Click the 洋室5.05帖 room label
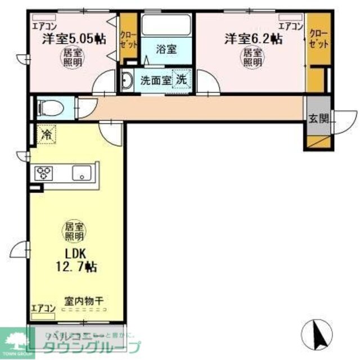tap(74, 39)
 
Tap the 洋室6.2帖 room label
tap(254, 39)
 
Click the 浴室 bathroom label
tap(167, 49)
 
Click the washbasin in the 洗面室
tap(127, 80)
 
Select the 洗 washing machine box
tap(182, 79)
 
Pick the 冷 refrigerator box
tap(44, 135)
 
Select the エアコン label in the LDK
tap(43, 308)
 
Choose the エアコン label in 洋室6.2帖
tap(291, 26)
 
